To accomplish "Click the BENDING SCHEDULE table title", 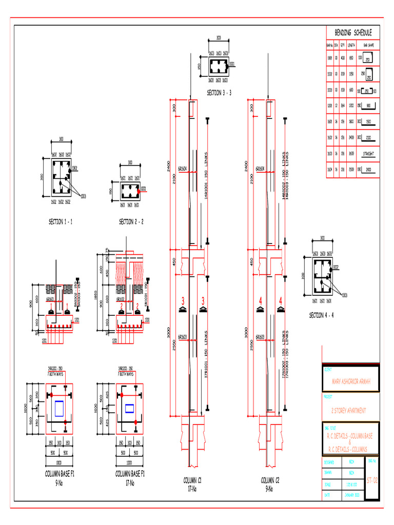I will pos(353,33).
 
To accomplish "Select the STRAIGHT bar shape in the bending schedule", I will pos(368,153).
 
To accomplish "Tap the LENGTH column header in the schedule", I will pos(351,45).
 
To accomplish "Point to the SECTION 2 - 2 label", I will pos(131,221).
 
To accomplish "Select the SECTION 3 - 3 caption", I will pos(219,93).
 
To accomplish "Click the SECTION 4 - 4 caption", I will pos(321,315).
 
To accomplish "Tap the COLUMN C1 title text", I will pos(192,480).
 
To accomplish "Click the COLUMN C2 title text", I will pos(270,480).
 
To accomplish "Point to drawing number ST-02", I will pos(372,480).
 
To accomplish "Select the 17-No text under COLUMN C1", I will pos(192,489).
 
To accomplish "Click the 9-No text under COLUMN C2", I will pos(270,489).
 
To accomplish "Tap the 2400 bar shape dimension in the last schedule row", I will pos(369,169).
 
